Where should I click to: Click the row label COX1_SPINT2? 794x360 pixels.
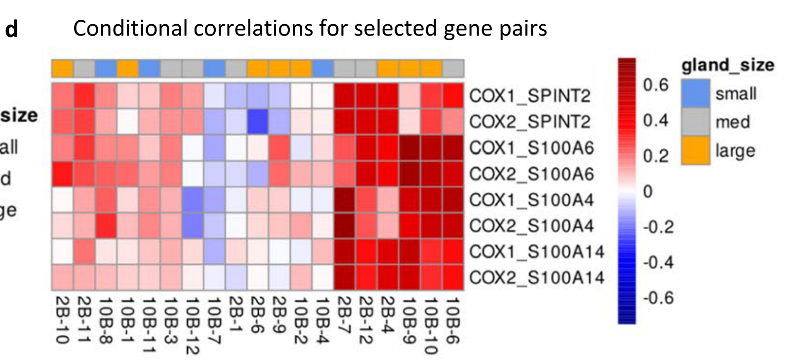529,96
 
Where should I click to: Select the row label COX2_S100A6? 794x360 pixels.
531,174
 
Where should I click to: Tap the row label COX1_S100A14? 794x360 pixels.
537,252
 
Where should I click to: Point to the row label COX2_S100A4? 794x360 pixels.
531,226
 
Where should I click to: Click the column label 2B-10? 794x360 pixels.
62,320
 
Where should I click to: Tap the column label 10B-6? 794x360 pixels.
453,320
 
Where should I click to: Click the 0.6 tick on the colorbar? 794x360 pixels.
655,85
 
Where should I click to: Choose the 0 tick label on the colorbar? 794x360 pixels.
648,191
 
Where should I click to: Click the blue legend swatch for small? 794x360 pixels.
695,93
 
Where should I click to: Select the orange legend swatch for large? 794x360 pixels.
695,151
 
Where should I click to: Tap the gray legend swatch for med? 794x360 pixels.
695,122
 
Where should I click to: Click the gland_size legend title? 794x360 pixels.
728,65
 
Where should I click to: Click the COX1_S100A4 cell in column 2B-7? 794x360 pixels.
345,200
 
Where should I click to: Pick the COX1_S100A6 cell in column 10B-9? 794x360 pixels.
410,148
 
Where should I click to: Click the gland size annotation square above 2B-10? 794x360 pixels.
63,68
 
